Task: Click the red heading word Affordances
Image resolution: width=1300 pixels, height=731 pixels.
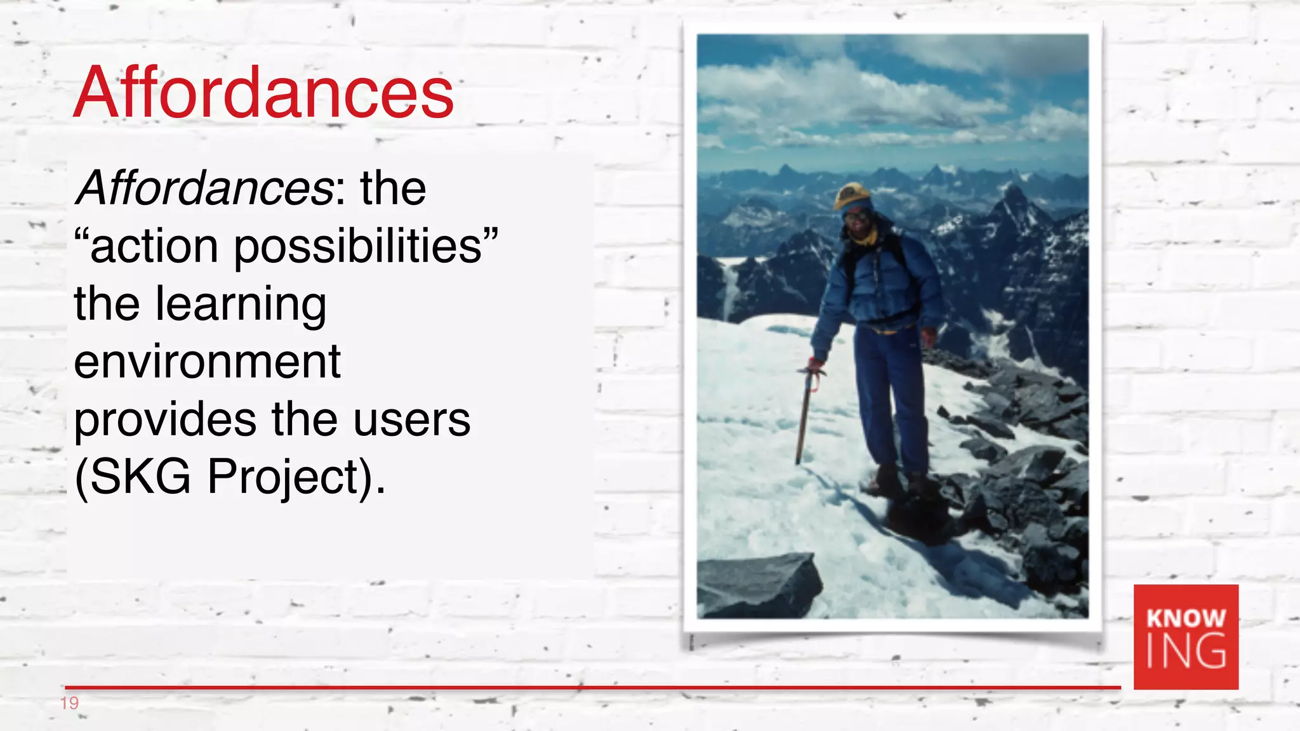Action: click(263, 93)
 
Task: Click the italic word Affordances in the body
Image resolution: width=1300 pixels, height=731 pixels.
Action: click(203, 188)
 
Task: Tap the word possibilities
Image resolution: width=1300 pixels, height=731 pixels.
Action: click(358, 246)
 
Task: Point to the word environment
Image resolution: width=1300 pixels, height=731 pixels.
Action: click(207, 362)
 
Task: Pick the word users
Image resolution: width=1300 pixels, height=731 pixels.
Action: click(411, 420)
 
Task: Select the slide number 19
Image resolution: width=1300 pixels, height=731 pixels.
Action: click(69, 703)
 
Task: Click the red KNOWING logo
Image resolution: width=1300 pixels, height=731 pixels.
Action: click(1186, 636)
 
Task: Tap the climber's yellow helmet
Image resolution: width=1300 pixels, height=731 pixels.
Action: click(852, 194)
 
